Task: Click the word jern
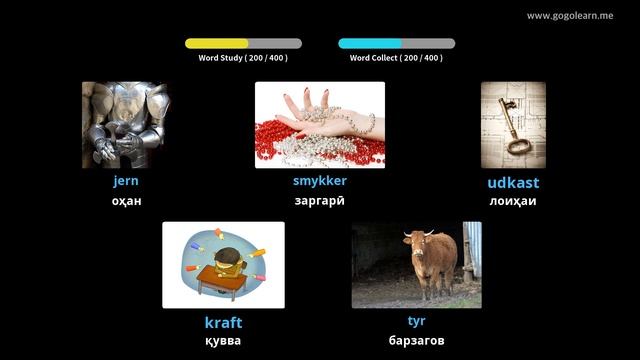click(126, 181)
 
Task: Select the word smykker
click(320, 181)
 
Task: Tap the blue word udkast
click(513, 183)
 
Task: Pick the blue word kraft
click(223, 322)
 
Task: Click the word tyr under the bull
click(416, 321)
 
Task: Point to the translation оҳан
click(126, 201)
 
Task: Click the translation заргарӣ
click(320, 201)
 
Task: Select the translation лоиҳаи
click(513, 201)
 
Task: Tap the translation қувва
click(223, 341)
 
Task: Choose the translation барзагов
click(416, 341)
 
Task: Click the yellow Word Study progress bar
click(243, 44)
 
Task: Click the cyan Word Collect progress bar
click(396, 44)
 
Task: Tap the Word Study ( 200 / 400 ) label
click(243, 58)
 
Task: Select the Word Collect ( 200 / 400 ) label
click(396, 58)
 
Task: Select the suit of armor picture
click(126, 125)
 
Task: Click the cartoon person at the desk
click(227, 262)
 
